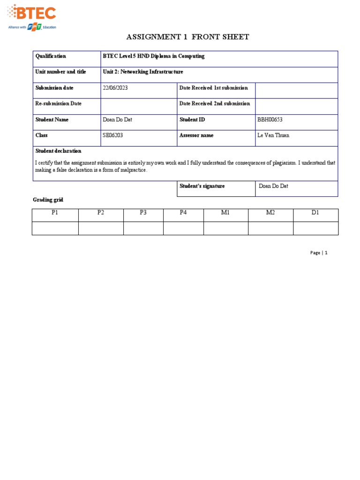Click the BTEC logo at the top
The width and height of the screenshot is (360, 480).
point(32,16)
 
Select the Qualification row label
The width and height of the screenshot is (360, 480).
point(51,56)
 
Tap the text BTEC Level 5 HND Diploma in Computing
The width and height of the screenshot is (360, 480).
point(154,56)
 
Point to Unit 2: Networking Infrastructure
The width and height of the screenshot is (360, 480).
point(143,72)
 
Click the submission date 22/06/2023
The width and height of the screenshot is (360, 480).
point(115,88)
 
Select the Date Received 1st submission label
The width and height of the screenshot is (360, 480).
point(214,88)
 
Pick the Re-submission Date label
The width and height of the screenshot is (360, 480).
point(59,104)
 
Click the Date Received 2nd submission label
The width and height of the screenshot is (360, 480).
point(215,104)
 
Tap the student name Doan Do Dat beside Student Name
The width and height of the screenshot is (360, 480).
point(117,120)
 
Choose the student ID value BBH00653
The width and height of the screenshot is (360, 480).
point(270,120)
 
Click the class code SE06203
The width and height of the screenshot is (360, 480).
point(113,135)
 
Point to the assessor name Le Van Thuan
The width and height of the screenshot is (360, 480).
point(273,135)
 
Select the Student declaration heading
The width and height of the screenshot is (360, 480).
point(58,151)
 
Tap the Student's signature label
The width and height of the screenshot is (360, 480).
point(202,186)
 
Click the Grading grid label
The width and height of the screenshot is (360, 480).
point(48,200)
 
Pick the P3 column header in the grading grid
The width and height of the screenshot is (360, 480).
point(143,213)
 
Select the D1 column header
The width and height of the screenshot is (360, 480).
point(315,213)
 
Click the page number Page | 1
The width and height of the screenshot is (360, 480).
point(319,253)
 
